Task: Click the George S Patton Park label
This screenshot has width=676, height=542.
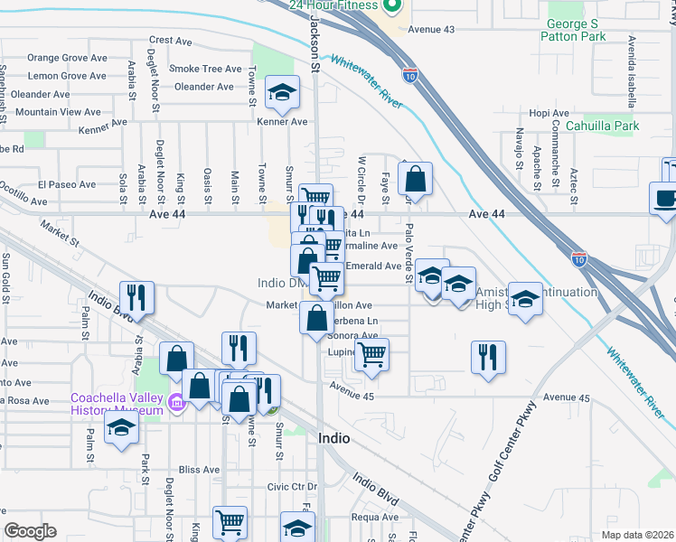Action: click(x=588, y=30)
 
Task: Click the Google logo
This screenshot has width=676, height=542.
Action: click(x=30, y=531)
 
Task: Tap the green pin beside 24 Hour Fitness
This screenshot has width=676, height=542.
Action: click(x=391, y=7)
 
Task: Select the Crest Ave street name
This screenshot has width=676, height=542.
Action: click(x=172, y=40)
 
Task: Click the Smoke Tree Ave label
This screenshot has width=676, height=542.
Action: click(x=206, y=69)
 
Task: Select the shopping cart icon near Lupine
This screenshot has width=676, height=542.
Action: click(x=371, y=355)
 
